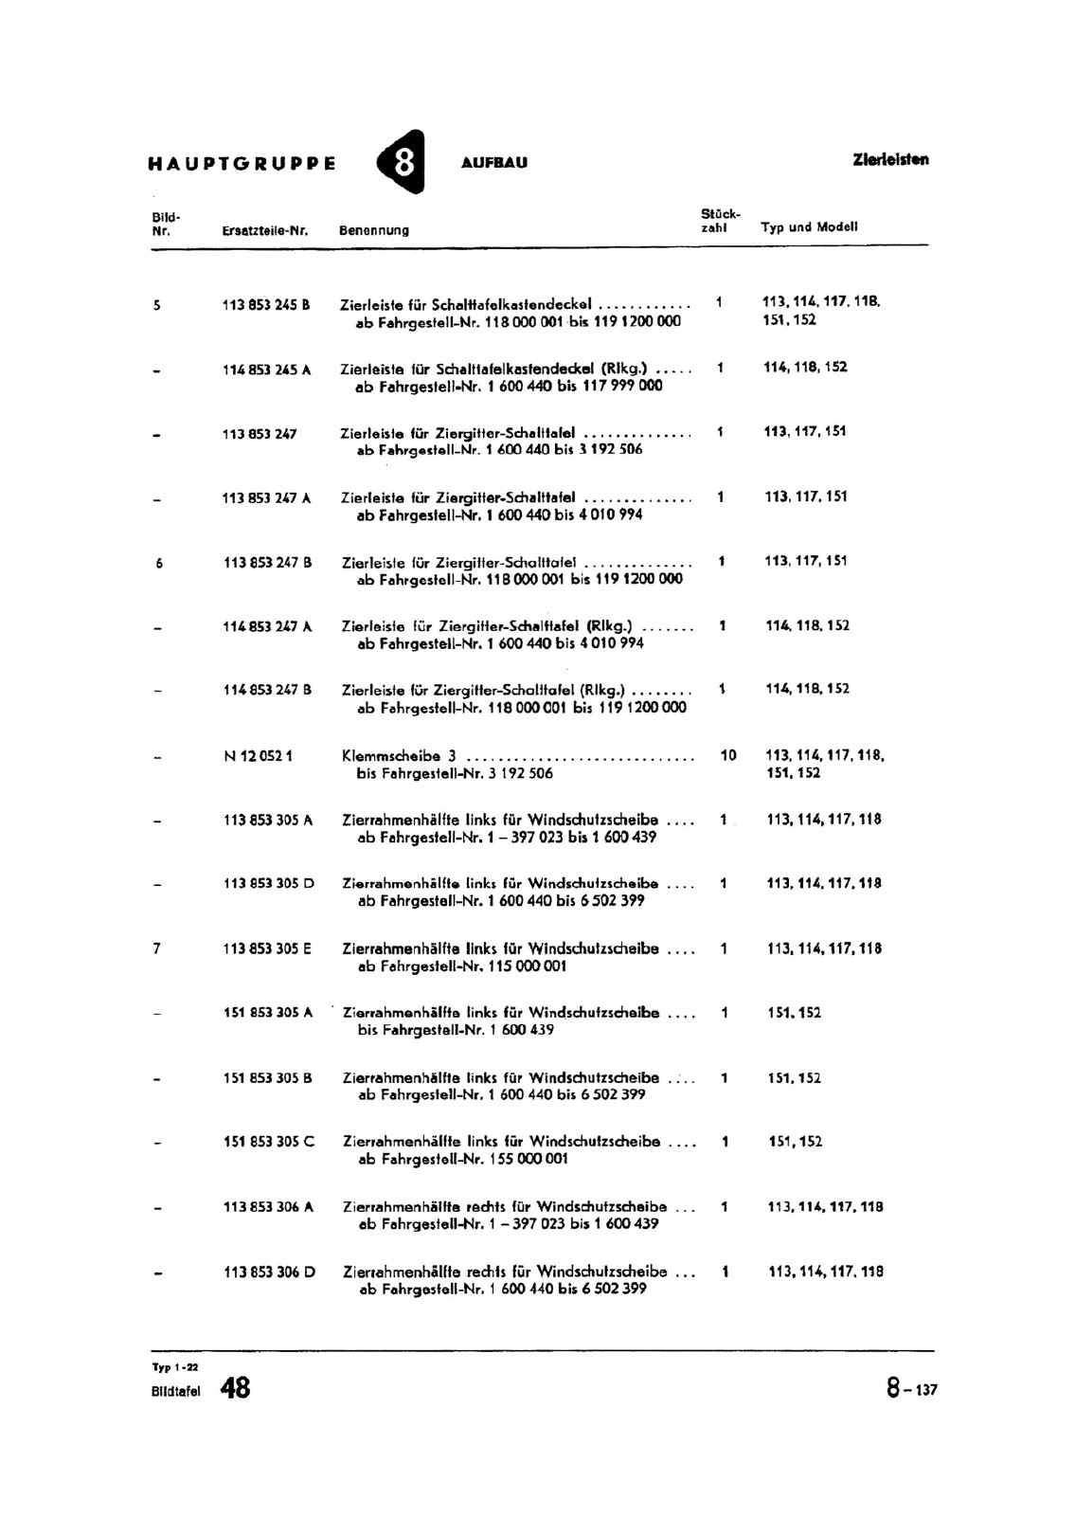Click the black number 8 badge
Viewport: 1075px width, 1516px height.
pyautogui.click(x=403, y=162)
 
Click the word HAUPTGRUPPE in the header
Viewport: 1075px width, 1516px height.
pyautogui.click(x=242, y=163)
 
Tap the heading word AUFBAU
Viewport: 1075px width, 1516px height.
pyautogui.click(x=493, y=163)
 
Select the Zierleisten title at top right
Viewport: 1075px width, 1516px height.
pyautogui.click(x=890, y=160)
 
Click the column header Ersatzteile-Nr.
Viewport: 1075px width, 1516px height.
pyautogui.click(x=266, y=230)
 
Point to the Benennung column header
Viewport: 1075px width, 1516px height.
pyautogui.click(x=374, y=230)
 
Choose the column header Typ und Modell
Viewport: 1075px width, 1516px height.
pyautogui.click(x=809, y=227)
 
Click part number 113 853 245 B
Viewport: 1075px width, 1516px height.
pyautogui.click(x=266, y=305)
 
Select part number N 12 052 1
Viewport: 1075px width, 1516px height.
pyautogui.click(x=258, y=756)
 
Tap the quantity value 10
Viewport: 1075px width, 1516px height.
pyautogui.click(x=727, y=755)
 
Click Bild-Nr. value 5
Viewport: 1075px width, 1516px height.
pyautogui.click(x=157, y=305)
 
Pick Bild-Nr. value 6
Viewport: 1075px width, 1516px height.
pyautogui.click(x=159, y=563)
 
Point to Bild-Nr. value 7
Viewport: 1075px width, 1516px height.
pyautogui.click(x=157, y=948)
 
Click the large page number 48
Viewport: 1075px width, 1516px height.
pyautogui.click(x=235, y=1389)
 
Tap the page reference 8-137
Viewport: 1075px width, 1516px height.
pyautogui.click(x=911, y=1389)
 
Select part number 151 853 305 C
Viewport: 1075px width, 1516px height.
pyautogui.click(x=268, y=1142)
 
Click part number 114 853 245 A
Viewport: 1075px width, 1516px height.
pyautogui.click(x=266, y=370)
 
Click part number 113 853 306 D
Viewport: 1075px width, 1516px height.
pyautogui.click(x=269, y=1272)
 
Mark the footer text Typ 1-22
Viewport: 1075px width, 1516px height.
pyautogui.click(x=175, y=1366)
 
